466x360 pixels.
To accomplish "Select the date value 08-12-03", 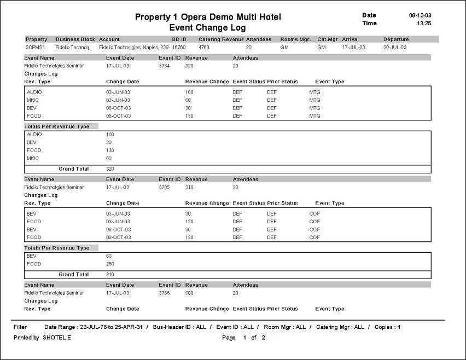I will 420,15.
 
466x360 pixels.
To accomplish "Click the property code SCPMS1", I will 36,48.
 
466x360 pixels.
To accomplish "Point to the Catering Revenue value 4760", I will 203,48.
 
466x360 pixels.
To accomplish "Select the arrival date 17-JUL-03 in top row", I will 353,48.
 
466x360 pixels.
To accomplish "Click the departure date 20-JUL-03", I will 396,48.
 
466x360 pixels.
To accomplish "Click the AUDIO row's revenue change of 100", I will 189,92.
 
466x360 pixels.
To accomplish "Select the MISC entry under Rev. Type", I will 32,100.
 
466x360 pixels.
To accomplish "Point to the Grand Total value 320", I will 111,169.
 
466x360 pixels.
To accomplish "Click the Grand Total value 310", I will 111,275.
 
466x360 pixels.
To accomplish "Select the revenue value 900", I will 190,293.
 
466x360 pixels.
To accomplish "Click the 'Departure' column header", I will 396,39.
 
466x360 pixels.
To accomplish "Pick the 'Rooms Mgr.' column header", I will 295,39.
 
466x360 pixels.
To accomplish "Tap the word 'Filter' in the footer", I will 20,327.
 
